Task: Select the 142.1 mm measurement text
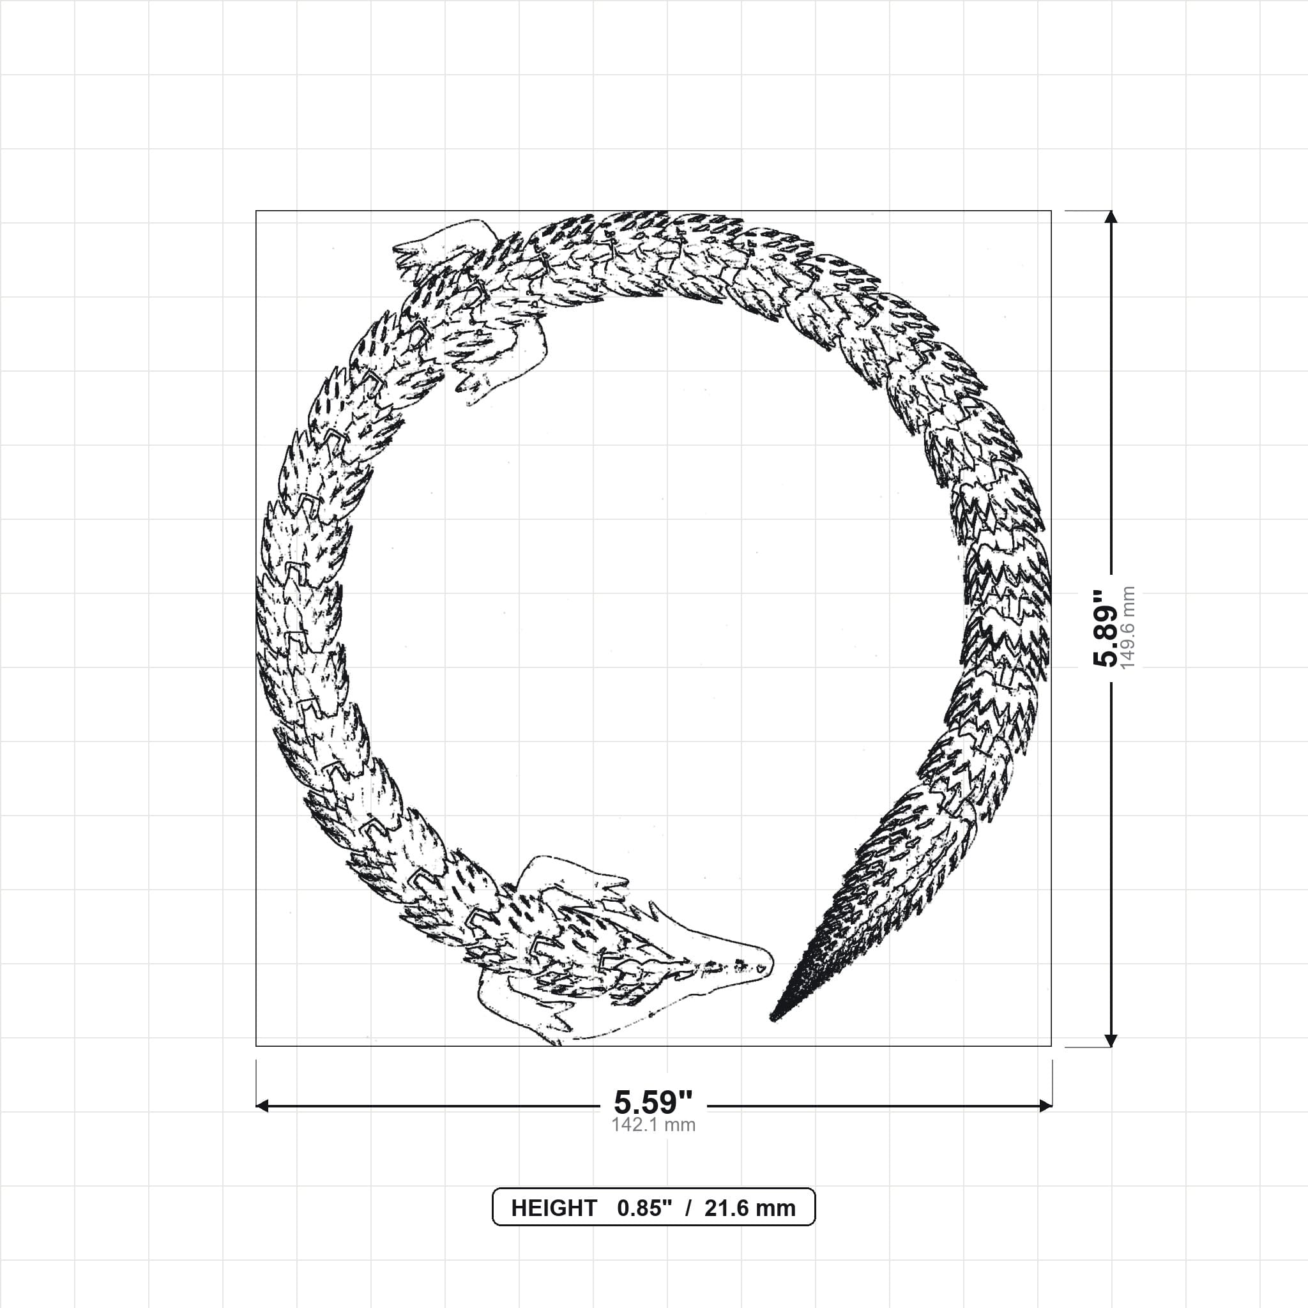coord(653,1125)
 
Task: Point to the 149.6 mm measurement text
coord(1128,628)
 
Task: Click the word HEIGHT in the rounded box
coord(554,1208)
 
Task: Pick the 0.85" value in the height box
coord(644,1208)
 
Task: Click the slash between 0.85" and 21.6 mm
coord(688,1208)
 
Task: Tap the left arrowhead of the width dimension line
coord(262,1106)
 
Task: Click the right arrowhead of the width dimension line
coord(1046,1106)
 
